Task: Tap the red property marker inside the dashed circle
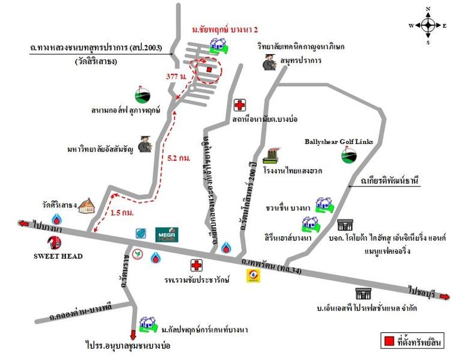point(209,70)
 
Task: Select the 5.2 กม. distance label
point(180,158)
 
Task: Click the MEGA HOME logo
point(168,234)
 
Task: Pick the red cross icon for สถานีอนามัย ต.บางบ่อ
point(239,106)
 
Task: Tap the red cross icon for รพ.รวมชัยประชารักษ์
point(197,265)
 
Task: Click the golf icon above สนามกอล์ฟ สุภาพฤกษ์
point(143,94)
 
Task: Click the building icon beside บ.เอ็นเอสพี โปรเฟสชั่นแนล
point(362,293)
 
